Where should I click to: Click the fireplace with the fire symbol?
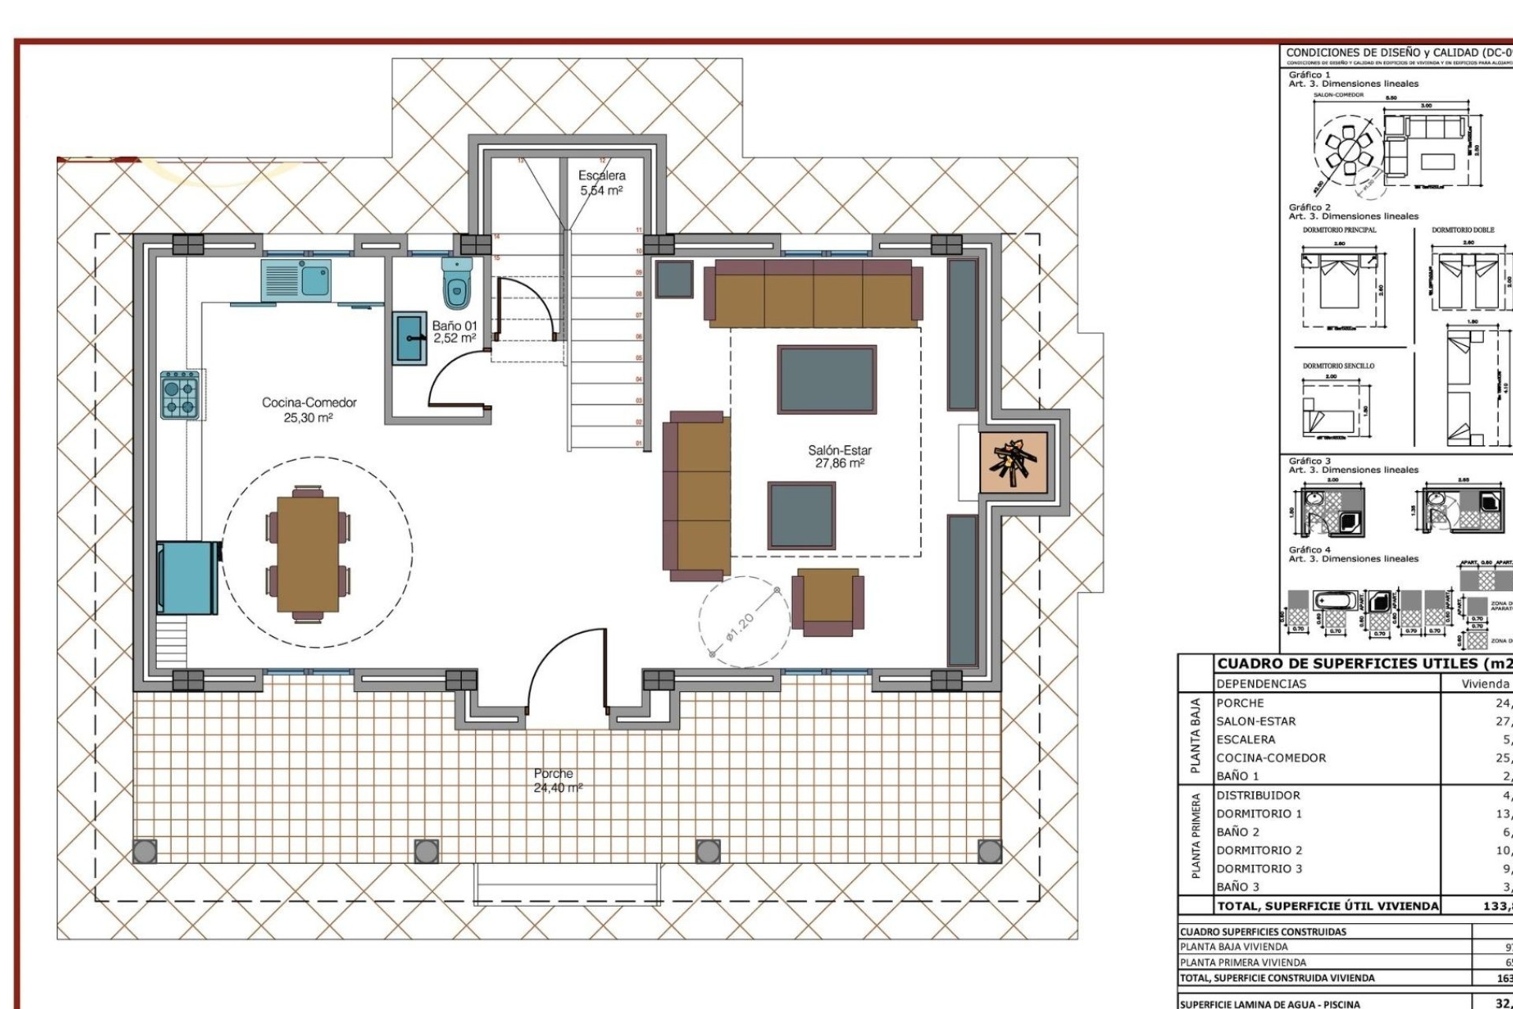(1013, 464)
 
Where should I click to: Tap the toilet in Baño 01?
(457, 284)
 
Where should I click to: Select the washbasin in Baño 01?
(410, 338)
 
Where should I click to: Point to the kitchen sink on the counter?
(296, 279)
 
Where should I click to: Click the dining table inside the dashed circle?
(307, 553)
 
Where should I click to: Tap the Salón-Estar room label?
(839, 456)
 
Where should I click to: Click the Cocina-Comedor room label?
(309, 409)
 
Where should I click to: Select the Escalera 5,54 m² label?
(602, 183)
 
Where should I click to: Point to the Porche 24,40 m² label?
(554, 780)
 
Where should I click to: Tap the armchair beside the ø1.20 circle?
(827, 601)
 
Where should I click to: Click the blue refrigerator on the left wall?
(188, 578)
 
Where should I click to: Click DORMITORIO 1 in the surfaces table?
(1258, 814)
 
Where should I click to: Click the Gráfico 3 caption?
(1310, 461)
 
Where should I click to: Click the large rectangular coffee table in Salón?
(826, 379)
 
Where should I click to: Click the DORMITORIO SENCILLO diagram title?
(1338, 366)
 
